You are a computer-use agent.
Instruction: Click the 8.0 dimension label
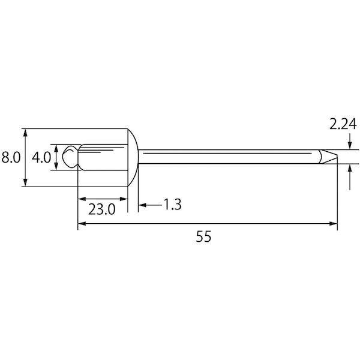click(x=11, y=157)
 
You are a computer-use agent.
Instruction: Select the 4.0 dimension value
click(x=41, y=157)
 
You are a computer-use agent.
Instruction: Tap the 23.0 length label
click(x=102, y=209)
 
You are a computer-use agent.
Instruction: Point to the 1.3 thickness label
click(x=172, y=205)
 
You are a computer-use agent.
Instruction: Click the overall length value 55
click(x=203, y=236)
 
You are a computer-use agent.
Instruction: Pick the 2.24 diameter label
click(x=343, y=124)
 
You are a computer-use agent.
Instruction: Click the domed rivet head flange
click(x=133, y=157)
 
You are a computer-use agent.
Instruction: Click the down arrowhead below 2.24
click(x=349, y=145)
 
